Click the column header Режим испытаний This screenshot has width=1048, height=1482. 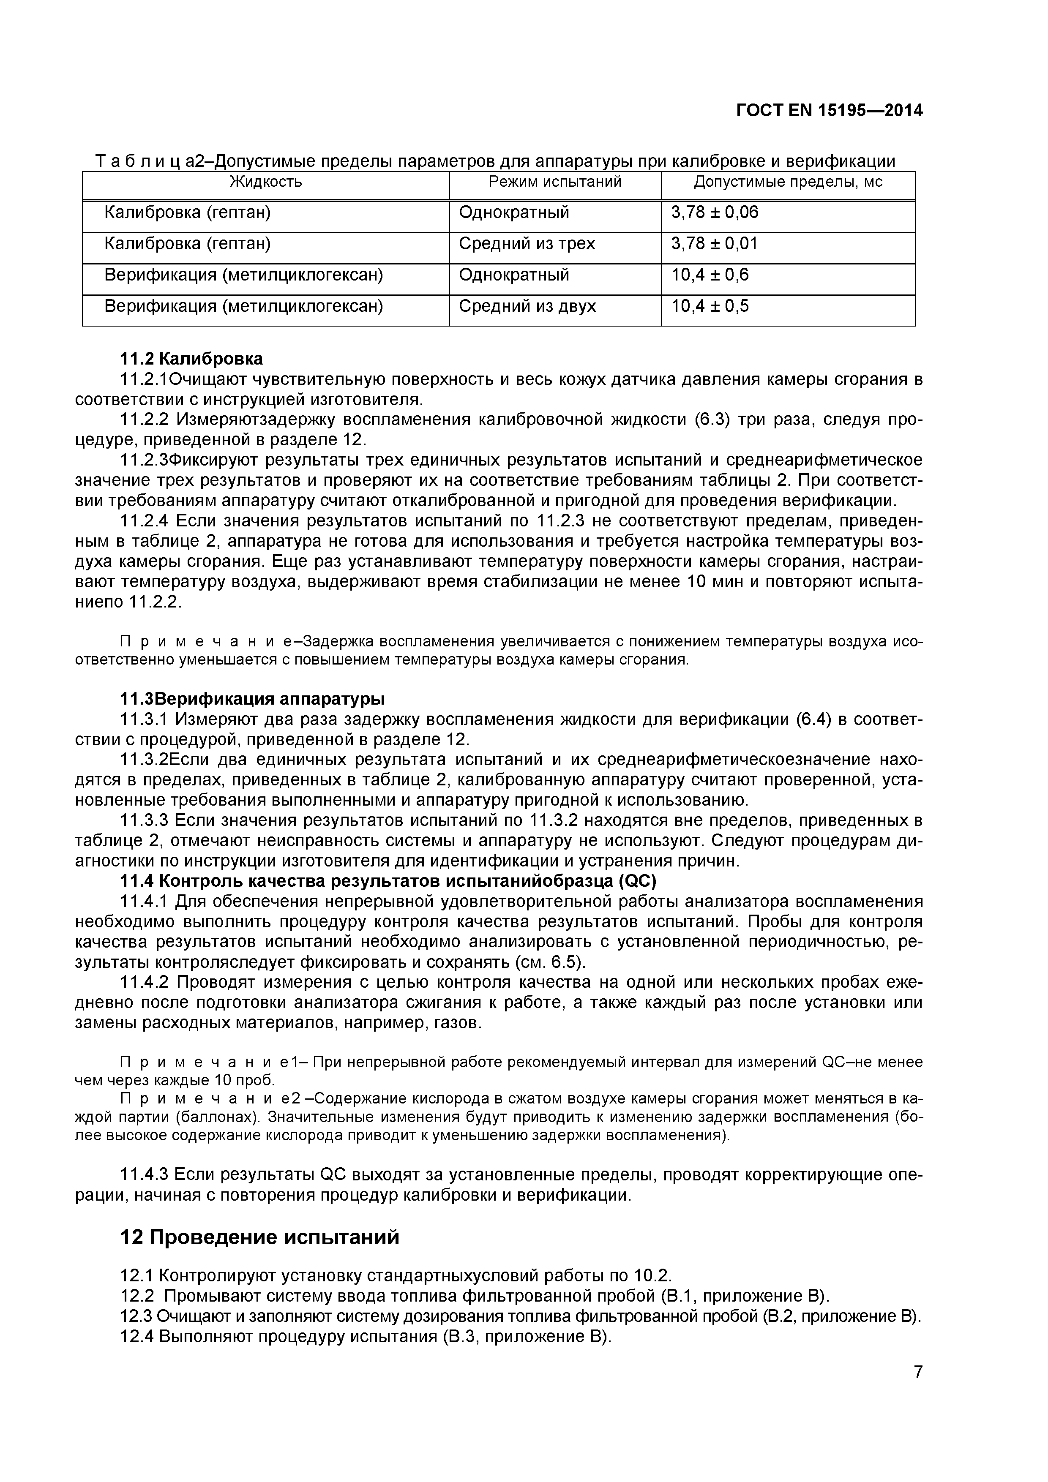point(555,182)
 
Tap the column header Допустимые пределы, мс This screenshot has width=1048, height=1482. point(788,182)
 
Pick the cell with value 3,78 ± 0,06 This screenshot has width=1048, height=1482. point(715,212)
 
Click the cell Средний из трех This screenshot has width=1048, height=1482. point(527,244)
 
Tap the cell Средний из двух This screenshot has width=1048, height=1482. point(527,306)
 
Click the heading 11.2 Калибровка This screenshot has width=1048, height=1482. point(192,358)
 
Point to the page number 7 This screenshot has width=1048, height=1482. point(917,1390)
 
